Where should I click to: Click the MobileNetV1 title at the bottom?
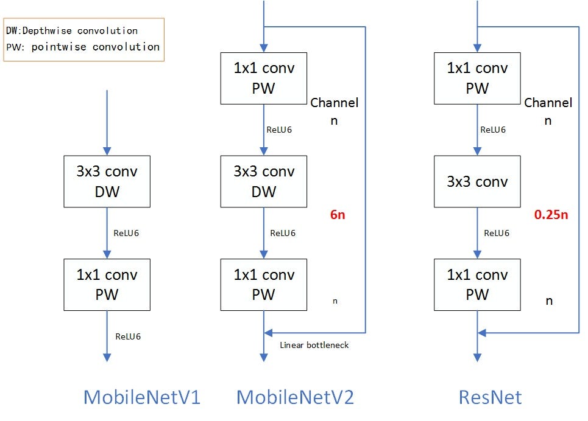pos(141,397)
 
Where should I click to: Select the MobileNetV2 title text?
pos(295,397)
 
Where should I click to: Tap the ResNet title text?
pos(490,397)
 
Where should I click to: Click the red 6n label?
pos(338,215)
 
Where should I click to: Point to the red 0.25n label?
pos(551,215)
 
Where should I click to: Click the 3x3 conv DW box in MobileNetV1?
pos(107,181)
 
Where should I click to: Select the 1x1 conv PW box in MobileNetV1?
pos(107,285)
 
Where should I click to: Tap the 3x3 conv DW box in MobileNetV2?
pos(264,181)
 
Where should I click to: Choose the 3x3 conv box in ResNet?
pos(477,181)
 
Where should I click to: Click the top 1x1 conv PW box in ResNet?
pos(477,78)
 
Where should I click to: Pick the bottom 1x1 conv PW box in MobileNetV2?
pos(264,285)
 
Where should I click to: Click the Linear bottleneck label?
pos(314,345)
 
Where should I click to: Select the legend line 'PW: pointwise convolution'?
pos(83,47)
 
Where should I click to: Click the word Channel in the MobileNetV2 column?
pos(335,103)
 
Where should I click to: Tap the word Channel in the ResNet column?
pos(548,103)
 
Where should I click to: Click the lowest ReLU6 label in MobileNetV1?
pos(128,336)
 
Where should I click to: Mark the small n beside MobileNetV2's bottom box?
pos(335,301)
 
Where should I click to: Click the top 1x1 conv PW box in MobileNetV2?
pos(264,78)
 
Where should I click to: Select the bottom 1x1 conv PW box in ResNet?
pos(477,285)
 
